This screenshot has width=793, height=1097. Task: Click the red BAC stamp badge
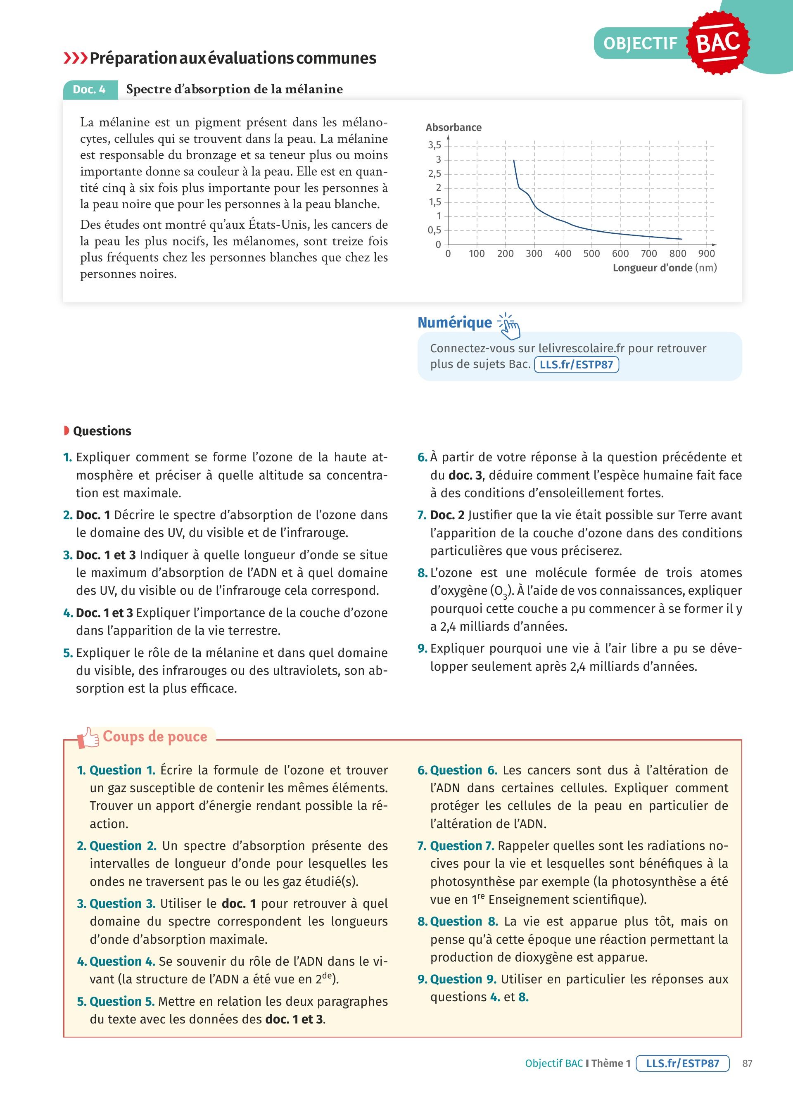[x=719, y=43]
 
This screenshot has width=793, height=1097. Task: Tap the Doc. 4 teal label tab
[x=90, y=90]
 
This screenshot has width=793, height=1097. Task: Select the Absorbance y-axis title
[x=453, y=127]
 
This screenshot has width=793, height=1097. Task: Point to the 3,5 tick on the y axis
[x=434, y=145]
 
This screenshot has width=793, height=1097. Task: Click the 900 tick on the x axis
[x=706, y=254]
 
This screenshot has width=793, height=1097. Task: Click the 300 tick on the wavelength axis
[x=534, y=254]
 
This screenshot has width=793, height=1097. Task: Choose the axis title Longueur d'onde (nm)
[x=665, y=268]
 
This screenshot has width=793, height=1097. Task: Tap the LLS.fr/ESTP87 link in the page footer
[x=682, y=1063]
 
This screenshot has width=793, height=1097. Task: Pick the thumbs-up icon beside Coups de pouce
[x=88, y=738]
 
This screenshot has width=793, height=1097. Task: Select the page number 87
[x=747, y=1063]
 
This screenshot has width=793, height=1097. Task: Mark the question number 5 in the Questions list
[x=68, y=653]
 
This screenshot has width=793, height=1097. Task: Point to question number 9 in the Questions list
[x=422, y=648]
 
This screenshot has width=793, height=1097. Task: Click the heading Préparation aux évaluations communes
[x=233, y=58]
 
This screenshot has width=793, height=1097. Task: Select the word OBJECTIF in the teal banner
[x=640, y=43]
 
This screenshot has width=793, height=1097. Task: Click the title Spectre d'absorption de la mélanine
[x=234, y=90]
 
